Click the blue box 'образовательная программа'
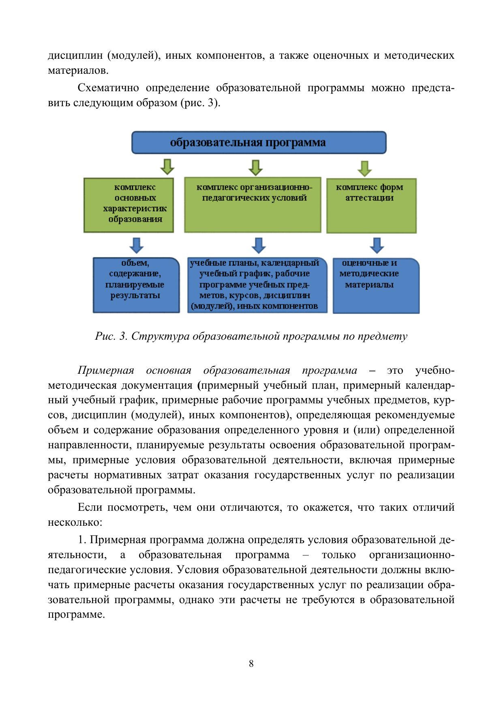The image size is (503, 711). [259, 143]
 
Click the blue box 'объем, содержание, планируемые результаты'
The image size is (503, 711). [136, 285]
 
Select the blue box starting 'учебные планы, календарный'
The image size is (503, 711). [257, 285]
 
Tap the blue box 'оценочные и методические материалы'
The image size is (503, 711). [376, 285]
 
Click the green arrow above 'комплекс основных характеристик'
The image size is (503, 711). [167, 166]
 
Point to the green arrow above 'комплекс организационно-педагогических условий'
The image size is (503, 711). [255, 167]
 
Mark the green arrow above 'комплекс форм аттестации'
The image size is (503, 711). [365, 168]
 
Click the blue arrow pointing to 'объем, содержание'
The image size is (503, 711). [136, 245]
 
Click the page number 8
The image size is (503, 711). [251, 664]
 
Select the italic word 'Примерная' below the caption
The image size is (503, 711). [106, 370]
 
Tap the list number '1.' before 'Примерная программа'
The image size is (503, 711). [82, 540]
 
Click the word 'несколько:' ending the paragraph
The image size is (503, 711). [75, 523]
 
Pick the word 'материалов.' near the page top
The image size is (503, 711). [78, 71]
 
